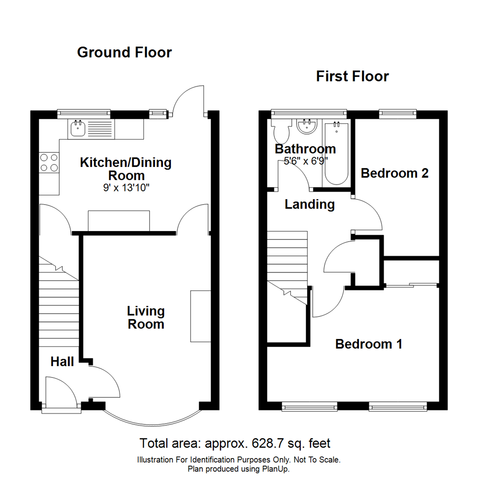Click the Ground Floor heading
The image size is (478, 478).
point(124,52)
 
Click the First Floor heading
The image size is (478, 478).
point(352,76)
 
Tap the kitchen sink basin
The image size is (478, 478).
point(77,128)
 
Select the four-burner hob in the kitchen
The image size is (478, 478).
point(49,162)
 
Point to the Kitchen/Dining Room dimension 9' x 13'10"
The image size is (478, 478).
point(125,188)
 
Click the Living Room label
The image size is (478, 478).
point(146,317)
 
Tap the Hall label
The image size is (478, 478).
point(62,362)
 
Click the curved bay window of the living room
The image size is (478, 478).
point(152,418)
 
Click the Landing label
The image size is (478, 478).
point(309,204)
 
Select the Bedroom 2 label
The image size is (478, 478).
point(394,173)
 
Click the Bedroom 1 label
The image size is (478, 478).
point(369,344)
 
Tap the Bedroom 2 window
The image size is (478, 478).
point(398,114)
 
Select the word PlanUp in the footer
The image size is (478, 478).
point(276,469)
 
